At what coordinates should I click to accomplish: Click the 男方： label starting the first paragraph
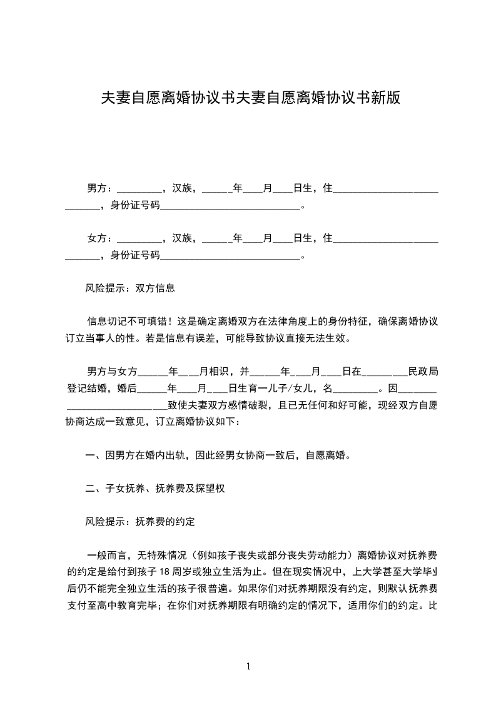click(100, 188)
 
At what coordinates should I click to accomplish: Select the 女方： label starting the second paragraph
click(100, 238)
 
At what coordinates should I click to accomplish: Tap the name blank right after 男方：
click(139, 189)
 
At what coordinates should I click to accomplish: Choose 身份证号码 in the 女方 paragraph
click(135, 255)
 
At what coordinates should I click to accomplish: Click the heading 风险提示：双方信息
click(129, 288)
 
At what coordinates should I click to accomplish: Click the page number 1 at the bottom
click(248, 666)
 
